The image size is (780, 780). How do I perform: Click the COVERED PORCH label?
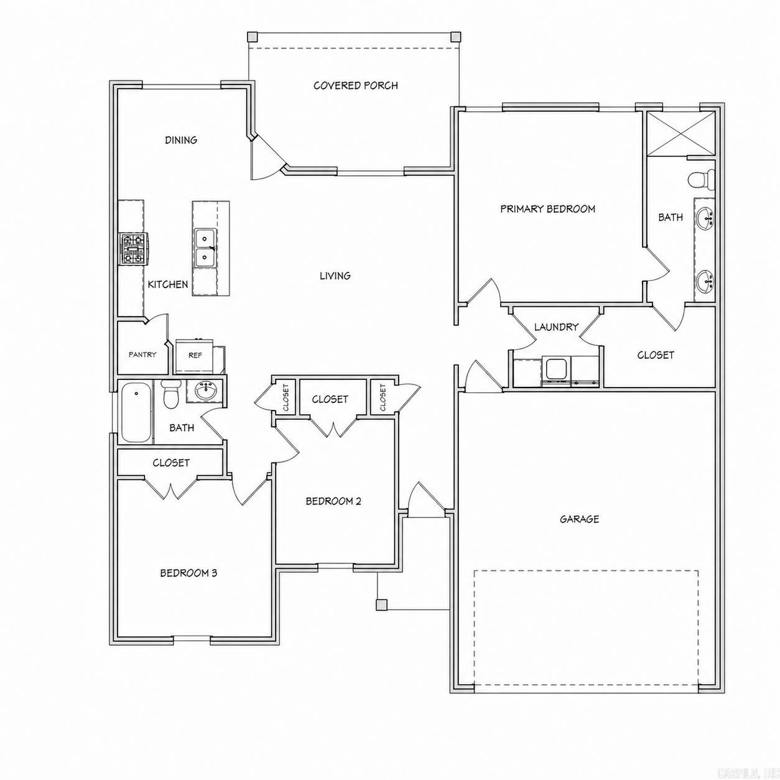tap(355, 85)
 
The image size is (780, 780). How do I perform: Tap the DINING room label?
tap(181, 140)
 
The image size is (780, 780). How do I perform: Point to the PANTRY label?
tap(142, 355)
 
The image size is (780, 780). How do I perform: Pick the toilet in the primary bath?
tap(702, 179)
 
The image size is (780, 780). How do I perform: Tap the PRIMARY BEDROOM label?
tap(547, 209)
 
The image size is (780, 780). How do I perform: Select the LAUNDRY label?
tap(556, 327)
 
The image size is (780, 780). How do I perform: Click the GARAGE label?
tap(579, 519)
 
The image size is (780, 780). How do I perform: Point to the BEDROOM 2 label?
tap(333, 501)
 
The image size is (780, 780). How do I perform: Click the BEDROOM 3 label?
tap(188, 573)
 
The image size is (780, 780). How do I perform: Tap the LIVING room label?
tap(335, 276)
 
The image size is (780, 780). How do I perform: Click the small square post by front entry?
tap(381, 605)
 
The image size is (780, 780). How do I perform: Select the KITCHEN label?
tap(168, 284)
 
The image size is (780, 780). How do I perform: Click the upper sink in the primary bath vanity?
tap(705, 218)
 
